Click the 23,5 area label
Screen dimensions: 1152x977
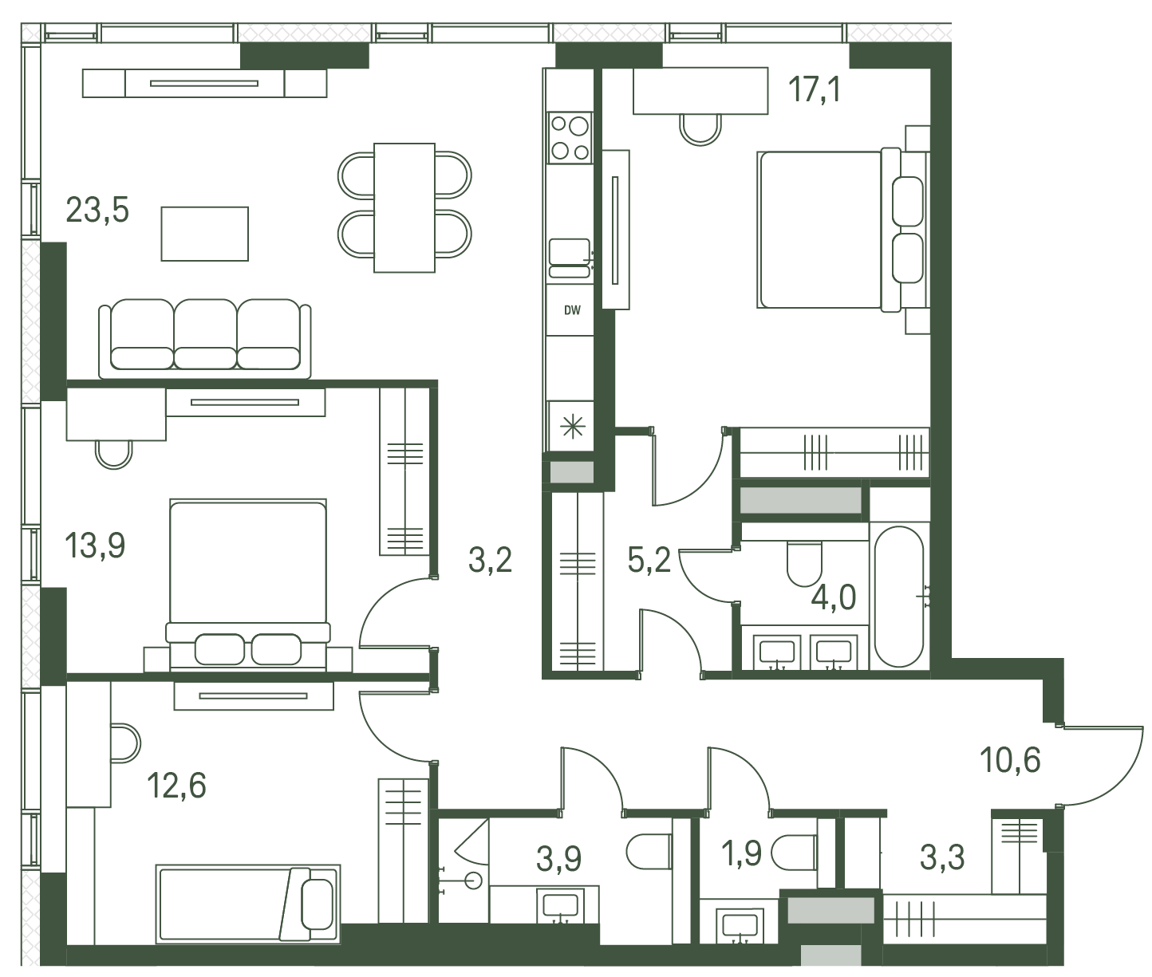[97, 210]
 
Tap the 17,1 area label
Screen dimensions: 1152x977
[815, 90]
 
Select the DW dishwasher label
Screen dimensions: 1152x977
[572, 310]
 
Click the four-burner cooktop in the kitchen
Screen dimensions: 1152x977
[570, 137]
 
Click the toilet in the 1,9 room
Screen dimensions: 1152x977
[795, 853]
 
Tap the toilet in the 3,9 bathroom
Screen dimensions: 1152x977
[649, 852]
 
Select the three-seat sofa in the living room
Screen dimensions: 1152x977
[204, 338]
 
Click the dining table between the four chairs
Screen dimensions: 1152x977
[404, 207]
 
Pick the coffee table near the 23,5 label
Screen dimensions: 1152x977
[204, 234]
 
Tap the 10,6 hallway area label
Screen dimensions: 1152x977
[1010, 760]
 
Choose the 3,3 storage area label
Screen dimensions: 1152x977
[942, 857]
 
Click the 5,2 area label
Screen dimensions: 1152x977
[649, 560]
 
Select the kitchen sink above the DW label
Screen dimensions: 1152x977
[570, 258]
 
